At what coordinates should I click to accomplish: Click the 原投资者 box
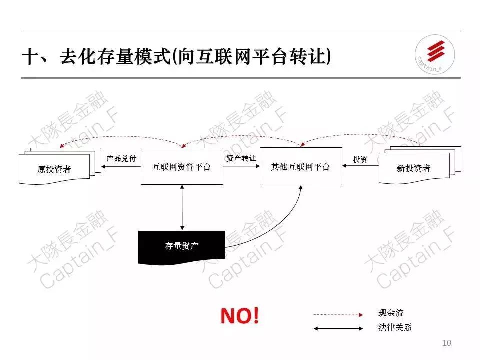[x=54, y=169]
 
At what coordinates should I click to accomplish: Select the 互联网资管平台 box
[x=182, y=167]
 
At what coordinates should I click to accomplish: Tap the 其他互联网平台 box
[x=301, y=167]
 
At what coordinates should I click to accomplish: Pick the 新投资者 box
[x=414, y=168]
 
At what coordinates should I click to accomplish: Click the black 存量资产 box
[x=181, y=246]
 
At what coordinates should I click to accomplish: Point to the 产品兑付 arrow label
[x=121, y=158]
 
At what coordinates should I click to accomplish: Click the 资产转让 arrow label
[x=241, y=158]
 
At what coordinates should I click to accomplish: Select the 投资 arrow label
[x=360, y=160]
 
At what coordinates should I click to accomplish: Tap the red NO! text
[x=240, y=315]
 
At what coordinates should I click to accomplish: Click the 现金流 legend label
[x=391, y=313]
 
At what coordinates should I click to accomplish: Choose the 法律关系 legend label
[x=395, y=328]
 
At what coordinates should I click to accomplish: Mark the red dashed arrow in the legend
[x=338, y=315]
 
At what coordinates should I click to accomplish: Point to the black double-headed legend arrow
[x=338, y=329]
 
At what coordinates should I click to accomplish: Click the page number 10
[x=447, y=343]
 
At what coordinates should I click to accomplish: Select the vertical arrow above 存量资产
[x=182, y=207]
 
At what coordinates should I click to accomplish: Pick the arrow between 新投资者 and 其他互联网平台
[x=360, y=167]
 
